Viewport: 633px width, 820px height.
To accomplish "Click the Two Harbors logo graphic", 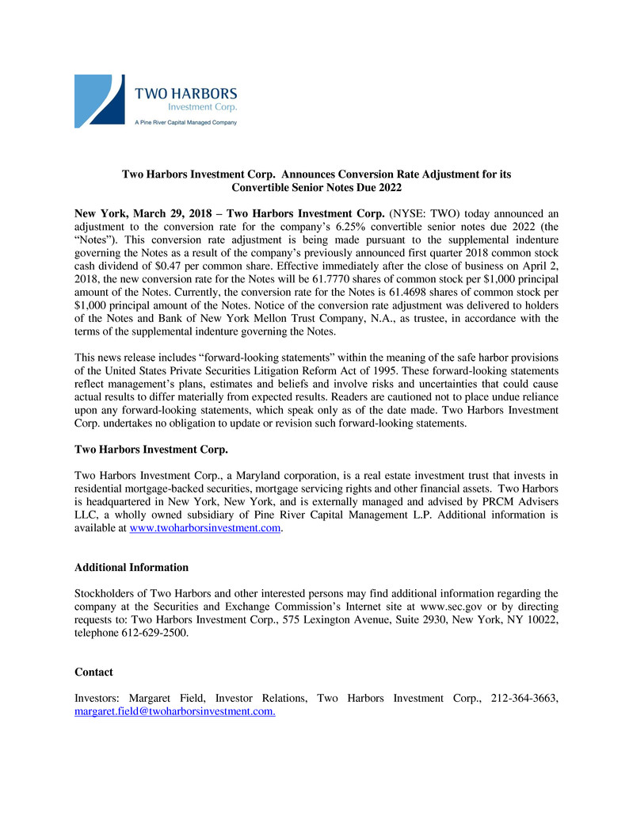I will point(99,101).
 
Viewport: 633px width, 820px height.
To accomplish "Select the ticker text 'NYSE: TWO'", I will point(430,213).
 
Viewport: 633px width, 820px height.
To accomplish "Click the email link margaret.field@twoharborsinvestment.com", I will point(175,711).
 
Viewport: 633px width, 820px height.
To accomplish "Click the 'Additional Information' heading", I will point(132,567).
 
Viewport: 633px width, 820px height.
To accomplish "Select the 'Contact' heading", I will point(93,672).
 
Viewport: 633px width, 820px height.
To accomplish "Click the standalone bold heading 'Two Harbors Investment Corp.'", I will point(151,450).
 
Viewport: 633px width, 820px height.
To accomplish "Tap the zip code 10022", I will point(542,619).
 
